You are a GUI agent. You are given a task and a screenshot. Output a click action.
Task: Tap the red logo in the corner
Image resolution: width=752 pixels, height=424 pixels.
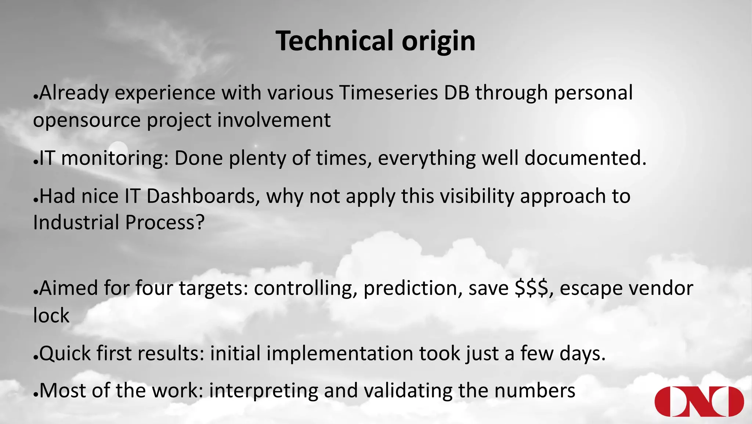(x=699, y=401)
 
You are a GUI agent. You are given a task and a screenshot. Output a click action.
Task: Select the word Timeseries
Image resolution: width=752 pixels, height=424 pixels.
(x=388, y=93)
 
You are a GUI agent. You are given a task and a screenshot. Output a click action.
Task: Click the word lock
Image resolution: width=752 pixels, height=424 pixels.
(x=51, y=316)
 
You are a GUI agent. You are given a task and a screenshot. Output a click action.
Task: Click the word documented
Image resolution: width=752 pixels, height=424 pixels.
(x=585, y=158)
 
